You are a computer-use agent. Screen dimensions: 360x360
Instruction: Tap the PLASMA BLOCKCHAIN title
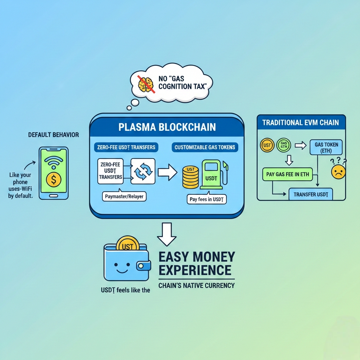click(x=167, y=127)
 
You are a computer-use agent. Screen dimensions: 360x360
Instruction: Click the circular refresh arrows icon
click(x=143, y=171)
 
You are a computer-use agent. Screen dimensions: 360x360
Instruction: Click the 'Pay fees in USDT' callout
click(x=208, y=199)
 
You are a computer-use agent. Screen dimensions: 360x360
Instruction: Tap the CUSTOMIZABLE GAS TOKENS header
click(x=205, y=147)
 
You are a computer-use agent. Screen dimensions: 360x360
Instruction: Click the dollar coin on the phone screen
click(x=53, y=179)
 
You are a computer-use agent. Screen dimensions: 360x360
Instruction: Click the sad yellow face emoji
click(x=338, y=172)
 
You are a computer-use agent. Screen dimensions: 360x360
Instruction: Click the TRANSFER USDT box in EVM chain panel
click(x=310, y=194)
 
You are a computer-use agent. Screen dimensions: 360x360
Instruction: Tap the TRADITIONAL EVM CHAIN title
click(x=301, y=123)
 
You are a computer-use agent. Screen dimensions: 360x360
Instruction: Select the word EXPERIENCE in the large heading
click(x=195, y=270)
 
